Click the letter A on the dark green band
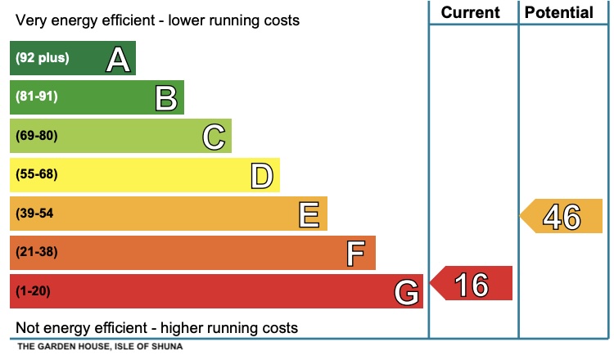click(118, 59)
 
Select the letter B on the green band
click(166, 98)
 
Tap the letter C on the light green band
click(214, 137)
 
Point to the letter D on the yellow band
click(261, 175)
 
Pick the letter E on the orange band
click(309, 214)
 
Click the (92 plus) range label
click(43, 58)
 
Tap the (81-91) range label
click(37, 97)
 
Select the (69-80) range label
click(37, 136)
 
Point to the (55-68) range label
click(37, 174)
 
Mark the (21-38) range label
click(37, 252)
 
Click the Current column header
click(470, 12)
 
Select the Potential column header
click(559, 12)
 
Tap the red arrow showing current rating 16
click(472, 284)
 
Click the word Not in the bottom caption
click(28, 328)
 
